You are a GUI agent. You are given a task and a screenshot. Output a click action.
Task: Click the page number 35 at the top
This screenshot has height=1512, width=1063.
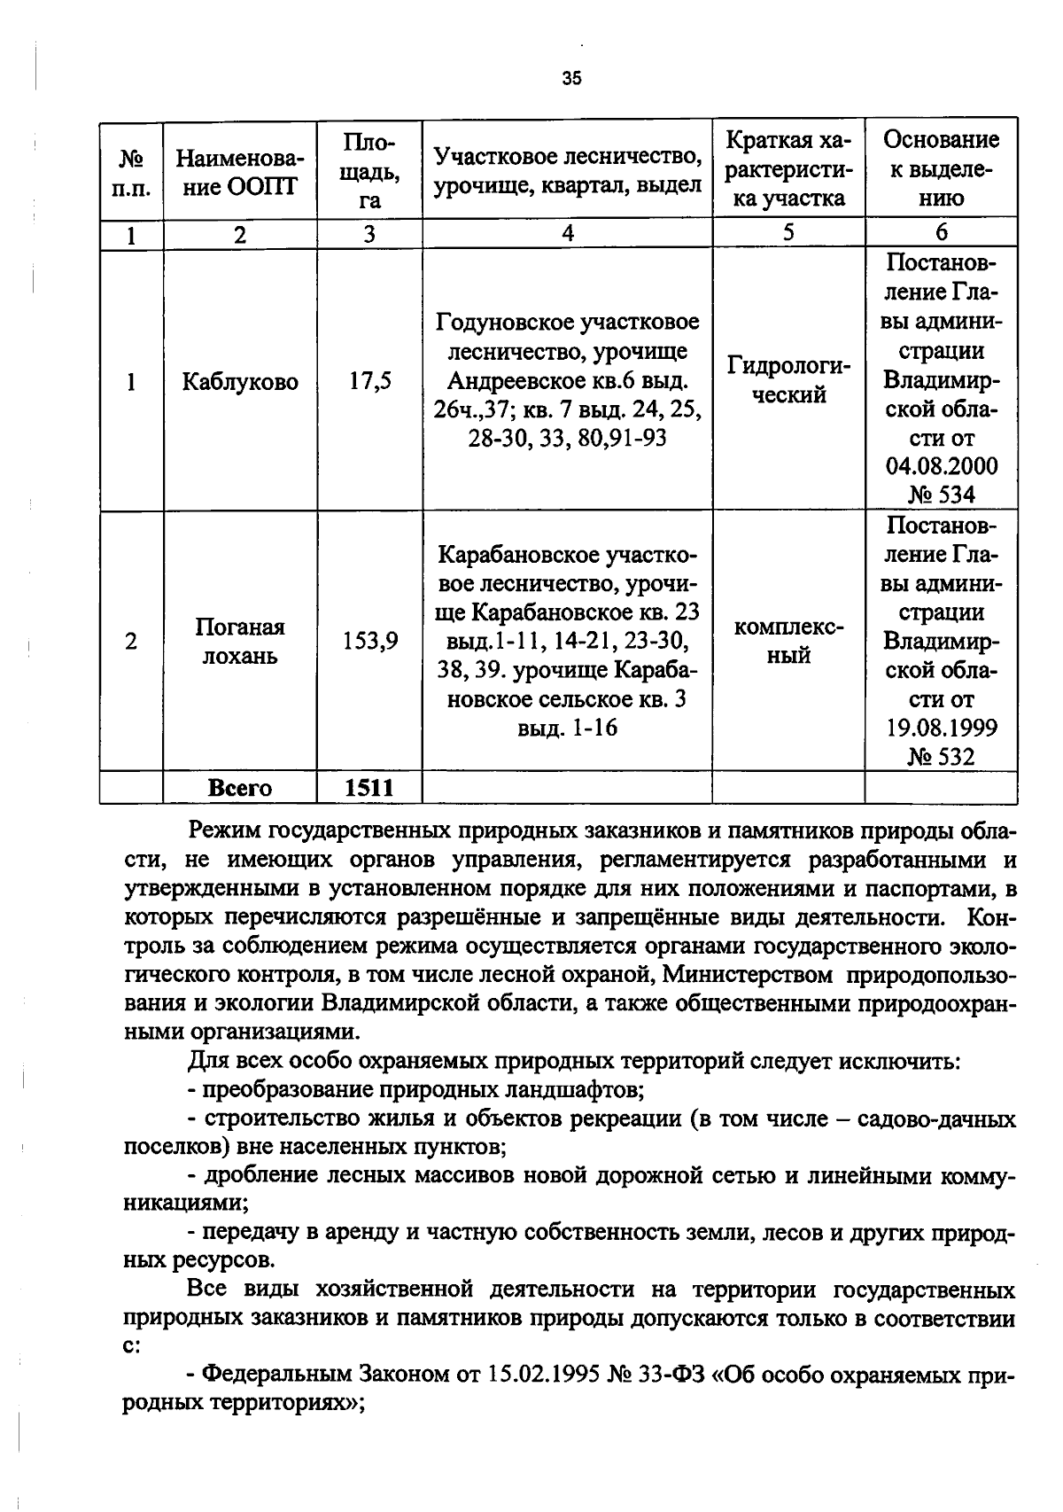(571, 78)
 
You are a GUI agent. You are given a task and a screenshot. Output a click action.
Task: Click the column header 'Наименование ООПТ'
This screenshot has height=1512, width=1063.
(239, 172)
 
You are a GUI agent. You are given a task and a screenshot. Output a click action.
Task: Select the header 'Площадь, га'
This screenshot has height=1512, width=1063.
(369, 171)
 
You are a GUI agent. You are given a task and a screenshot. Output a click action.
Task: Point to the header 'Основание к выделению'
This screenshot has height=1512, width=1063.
(941, 168)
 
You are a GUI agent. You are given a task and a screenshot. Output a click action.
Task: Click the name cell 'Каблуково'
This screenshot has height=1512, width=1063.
(240, 382)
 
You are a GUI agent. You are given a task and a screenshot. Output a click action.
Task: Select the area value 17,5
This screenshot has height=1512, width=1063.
(369, 382)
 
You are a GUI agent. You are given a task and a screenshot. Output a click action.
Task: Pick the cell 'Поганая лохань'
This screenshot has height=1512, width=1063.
(240, 641)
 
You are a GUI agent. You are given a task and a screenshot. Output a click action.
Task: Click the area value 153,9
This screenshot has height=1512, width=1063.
(369, 641)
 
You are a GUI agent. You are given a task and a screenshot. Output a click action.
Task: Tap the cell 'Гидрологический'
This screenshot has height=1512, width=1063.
(788, 380)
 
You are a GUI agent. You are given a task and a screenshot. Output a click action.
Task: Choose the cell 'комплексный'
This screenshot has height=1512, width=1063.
(788, 641)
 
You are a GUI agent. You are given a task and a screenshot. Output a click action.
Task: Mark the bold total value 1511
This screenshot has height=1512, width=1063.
(369, 788)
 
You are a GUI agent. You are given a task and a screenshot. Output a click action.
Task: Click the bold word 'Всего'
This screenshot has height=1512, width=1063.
(239, 788)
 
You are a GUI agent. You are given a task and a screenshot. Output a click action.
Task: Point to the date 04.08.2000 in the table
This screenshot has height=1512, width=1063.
(941, 466)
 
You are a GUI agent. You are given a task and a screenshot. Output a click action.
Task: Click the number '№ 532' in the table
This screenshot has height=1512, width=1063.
(941, 757)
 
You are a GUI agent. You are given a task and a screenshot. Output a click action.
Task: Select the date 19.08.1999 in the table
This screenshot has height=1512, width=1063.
(941, 728)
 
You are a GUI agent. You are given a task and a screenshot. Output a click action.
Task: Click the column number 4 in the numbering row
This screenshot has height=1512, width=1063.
(567, 233)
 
